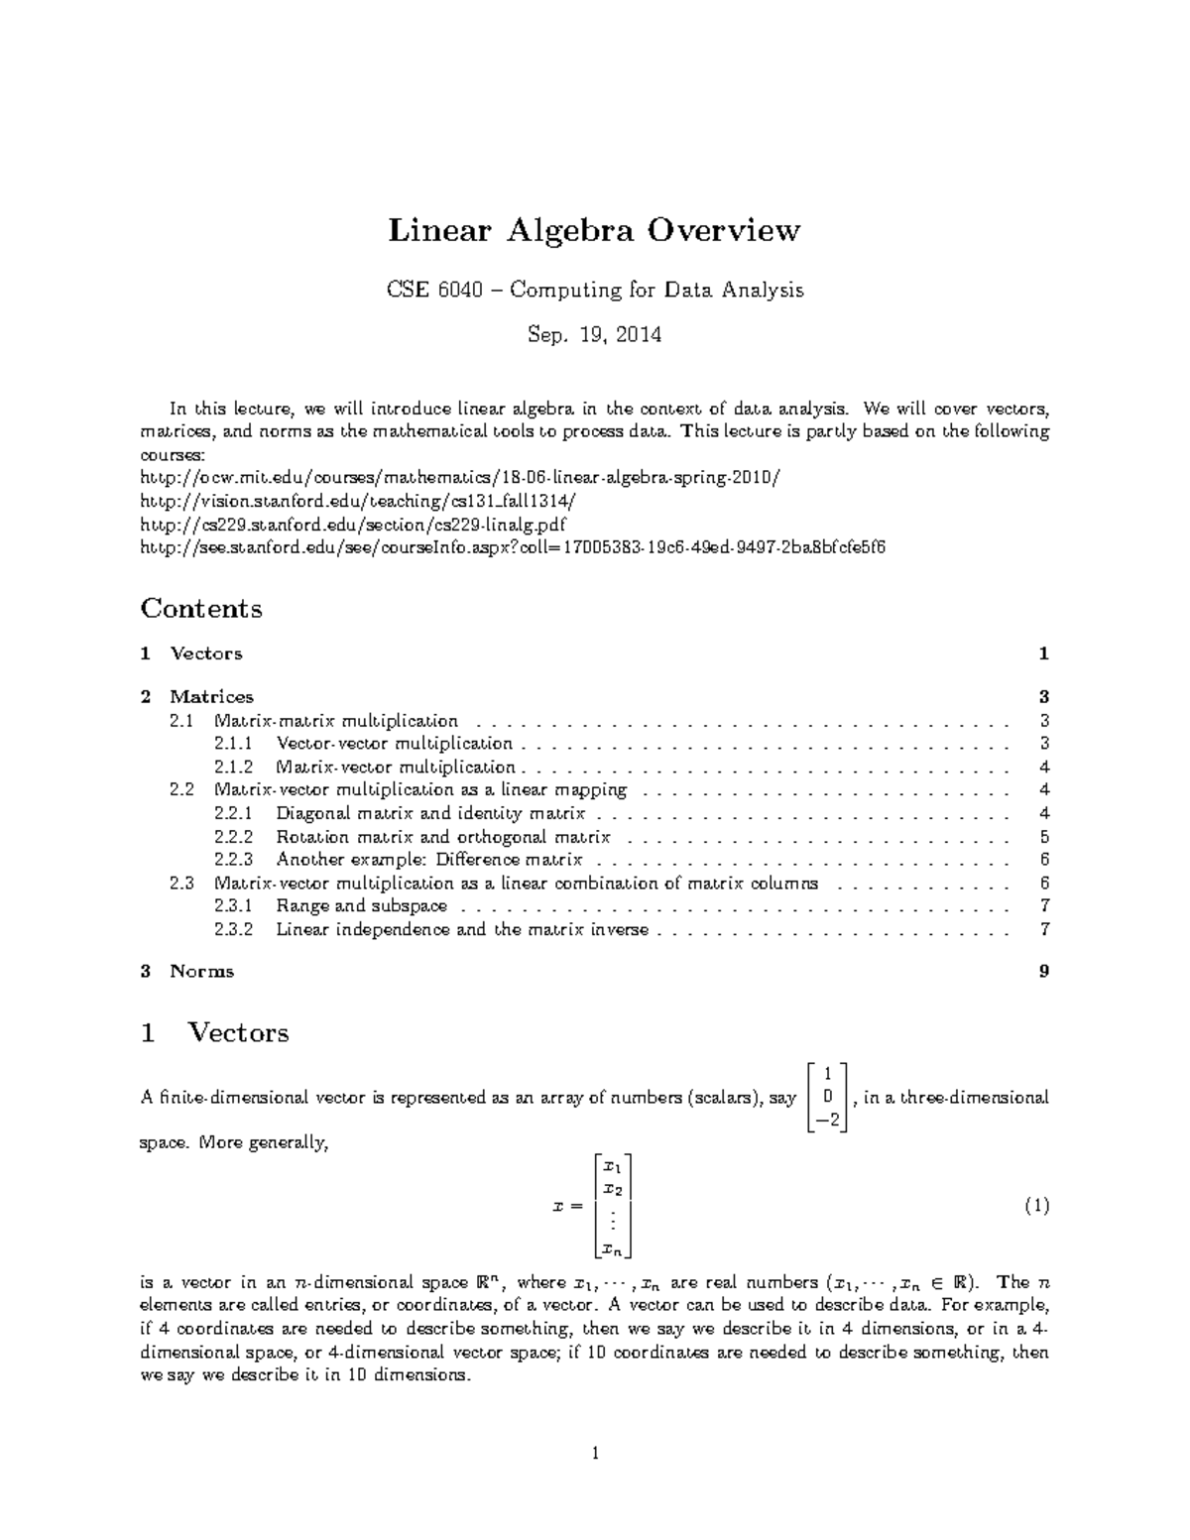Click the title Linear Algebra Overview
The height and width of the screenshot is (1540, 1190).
[x=593, y=231]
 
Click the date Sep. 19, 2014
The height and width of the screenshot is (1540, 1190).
[x=594, y=334]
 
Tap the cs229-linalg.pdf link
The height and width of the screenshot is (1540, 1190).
[x=353, y=524]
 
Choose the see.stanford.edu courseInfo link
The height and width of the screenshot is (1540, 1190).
[x=513, y=546]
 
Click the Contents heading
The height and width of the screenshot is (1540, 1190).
[x=201, y=608]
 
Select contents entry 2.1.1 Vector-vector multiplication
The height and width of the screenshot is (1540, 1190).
[x=395, y=744]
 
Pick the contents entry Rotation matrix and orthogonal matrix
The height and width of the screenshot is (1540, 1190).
[x=443, y=837]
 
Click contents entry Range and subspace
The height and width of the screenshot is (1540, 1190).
[x=361, y=905]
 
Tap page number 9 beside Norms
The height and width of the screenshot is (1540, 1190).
[x=1043, y=971]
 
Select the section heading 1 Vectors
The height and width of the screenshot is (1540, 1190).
[x=215, y=1032]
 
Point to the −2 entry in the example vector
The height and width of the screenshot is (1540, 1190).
[x=827, y=1120]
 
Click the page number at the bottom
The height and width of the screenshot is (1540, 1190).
[x=594, y=1455]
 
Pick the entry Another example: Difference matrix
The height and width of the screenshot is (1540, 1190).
[x=428, y=860]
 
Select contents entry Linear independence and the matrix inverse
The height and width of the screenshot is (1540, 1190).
[x=462, y=929]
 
